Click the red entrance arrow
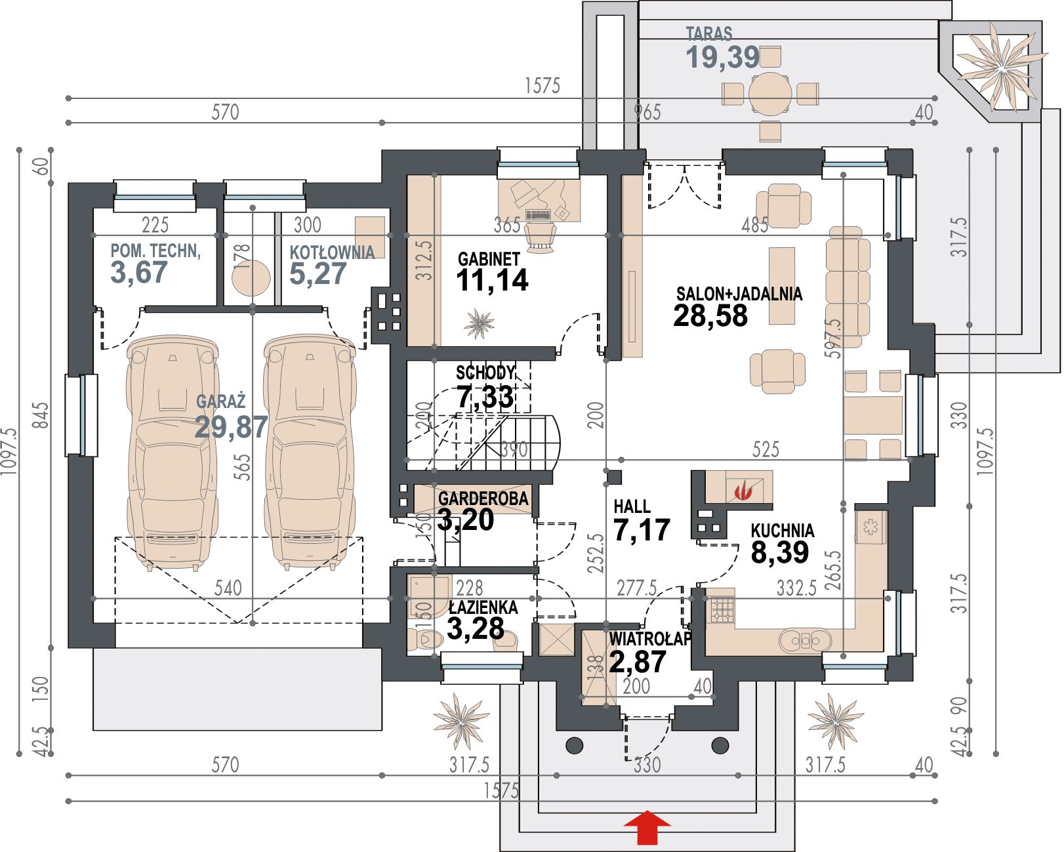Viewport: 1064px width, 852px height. (647, 827)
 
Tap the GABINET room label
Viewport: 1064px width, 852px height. (489, 259)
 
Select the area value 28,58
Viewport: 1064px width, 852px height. (710, 315)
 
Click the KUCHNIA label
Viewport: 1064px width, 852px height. (782, 531)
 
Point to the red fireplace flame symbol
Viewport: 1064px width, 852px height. (743, 491)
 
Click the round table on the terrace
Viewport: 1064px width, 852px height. (770, 93)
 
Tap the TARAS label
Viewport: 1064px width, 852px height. (708, 33)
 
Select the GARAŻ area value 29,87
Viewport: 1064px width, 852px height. (232, 426)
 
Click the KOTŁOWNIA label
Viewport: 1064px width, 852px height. (332, 252)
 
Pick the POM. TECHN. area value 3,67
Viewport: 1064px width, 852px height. (139, 272)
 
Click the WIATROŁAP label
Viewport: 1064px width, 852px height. (650, 639)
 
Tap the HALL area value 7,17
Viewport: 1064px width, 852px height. (642, 529)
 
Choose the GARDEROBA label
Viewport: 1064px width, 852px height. (483, 498)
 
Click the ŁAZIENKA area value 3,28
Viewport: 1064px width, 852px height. (475, 628)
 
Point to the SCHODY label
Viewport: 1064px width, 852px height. (485, 373)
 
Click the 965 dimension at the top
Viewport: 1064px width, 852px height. (647, 112)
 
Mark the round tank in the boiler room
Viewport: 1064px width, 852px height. (251, 278)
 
